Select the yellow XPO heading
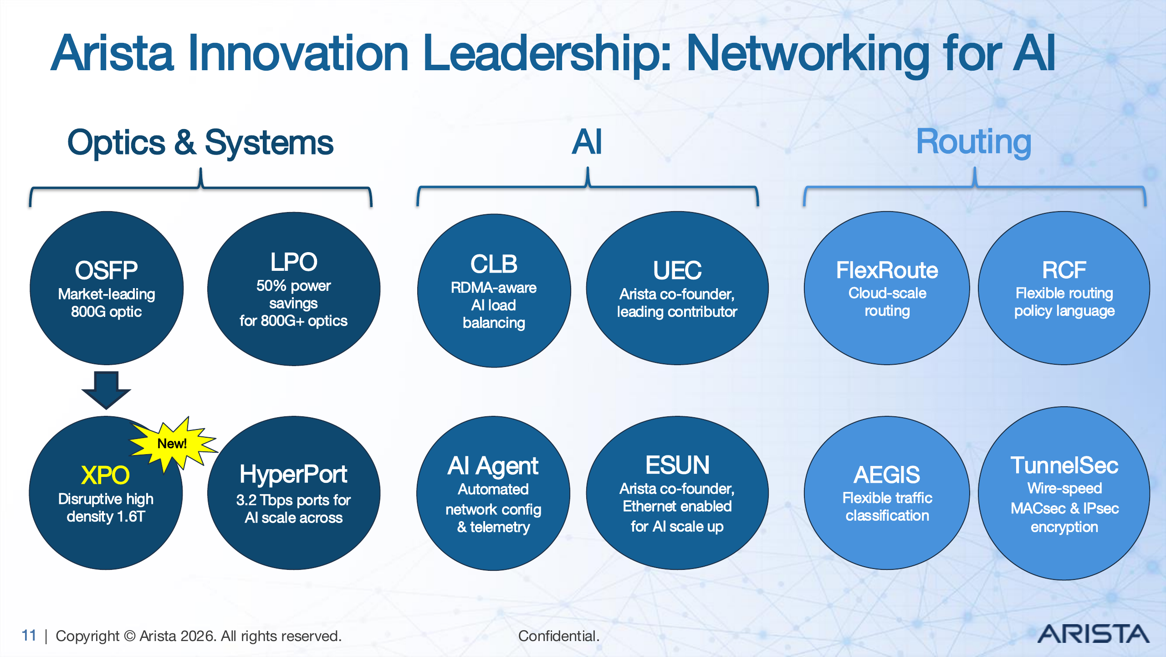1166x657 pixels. pos(105,475)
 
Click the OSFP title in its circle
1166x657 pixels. pos(106,270)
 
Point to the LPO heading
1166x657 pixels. pos(294,262)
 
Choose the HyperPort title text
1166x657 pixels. pos(293,474)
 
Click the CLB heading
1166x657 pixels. pos(494,264)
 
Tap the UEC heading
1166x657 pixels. pos(677,270)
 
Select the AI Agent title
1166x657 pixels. pos(493,466)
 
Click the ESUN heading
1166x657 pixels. pos(677,465)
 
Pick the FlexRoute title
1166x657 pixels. pos(887,270)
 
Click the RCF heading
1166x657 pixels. pos(1064,270)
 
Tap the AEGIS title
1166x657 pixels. pos(887,475)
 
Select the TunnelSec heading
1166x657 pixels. pos(1064,466)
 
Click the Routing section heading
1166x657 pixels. pos(973,142)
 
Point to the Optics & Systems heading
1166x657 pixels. pos(200,142)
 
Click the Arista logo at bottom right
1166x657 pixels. pos(1093,634)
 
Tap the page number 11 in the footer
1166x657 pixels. pos(29,635)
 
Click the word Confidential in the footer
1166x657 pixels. pos(558,636)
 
